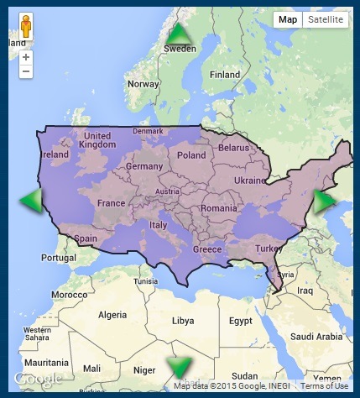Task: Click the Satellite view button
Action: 326,20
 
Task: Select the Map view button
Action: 288,20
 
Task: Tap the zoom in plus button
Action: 26,57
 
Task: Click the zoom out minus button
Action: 26,72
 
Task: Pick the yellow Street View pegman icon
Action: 26,27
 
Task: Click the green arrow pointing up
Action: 179,34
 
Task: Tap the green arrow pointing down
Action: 179,367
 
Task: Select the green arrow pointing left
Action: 31,202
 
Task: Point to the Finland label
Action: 224,75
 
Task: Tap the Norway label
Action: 142,84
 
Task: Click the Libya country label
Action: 182,322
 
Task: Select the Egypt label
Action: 241,322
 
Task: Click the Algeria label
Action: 113,315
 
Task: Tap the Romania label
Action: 219,208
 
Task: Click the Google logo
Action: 38,380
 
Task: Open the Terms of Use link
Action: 324,386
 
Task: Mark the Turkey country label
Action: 270,249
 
